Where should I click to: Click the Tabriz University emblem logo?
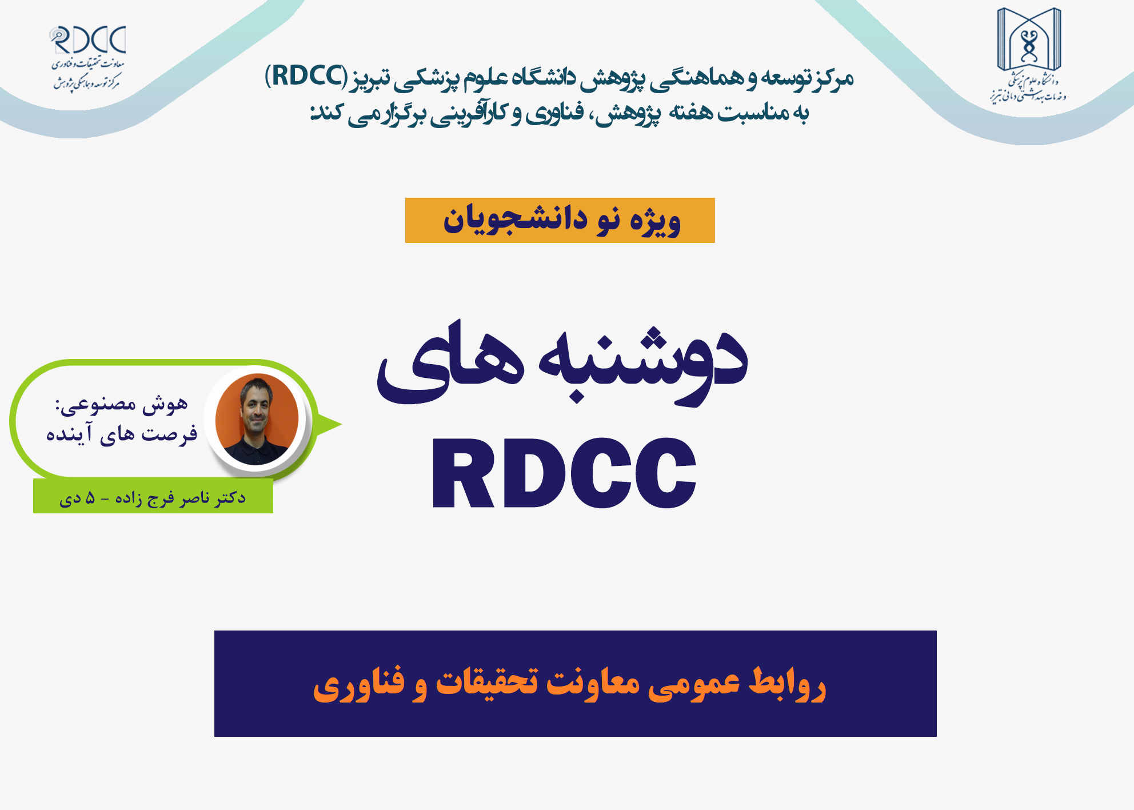pyautogui.click(x=1029, y=54)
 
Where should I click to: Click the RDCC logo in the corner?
pyautogui.click(x=88, y=58)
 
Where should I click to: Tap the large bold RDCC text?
pyautogui.click(x=564, y=473)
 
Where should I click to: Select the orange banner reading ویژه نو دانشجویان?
pyautogui.click(x=560, y=220)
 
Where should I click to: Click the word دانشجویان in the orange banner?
pyautogui.click(x=516, y=220)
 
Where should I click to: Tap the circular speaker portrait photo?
pyautogui.click(x=257, y=418)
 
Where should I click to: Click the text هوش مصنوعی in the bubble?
pyautogui.click(x=121, y=405)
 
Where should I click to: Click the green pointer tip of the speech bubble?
pyautogui.click(x=341, y=424)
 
